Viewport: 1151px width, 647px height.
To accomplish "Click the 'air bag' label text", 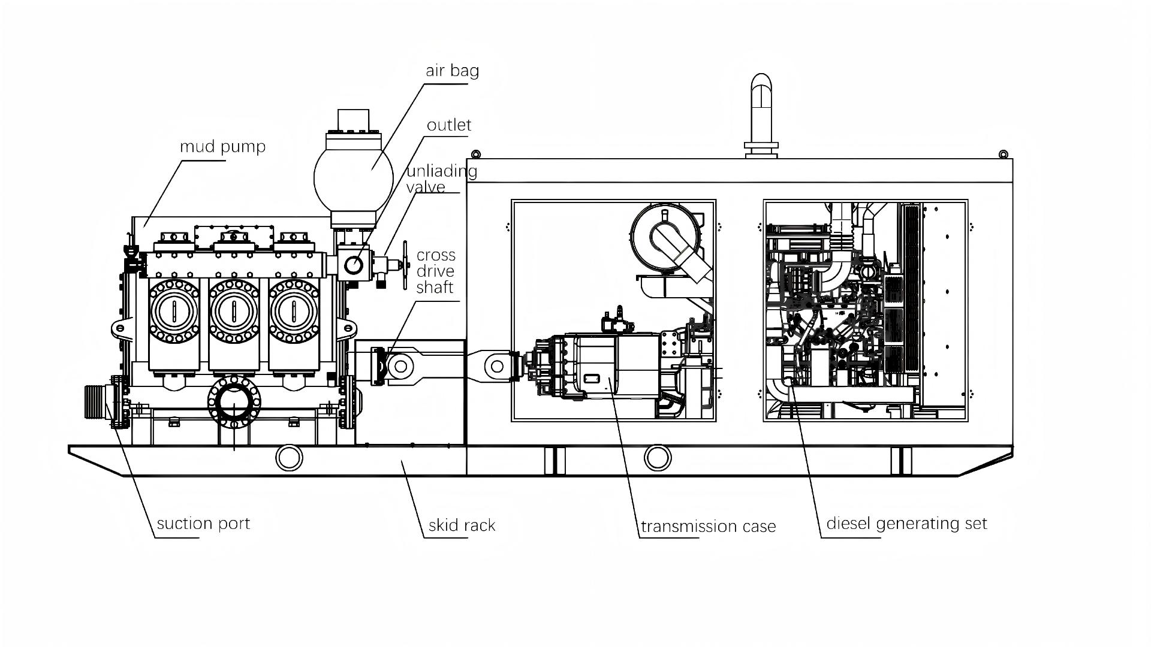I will tap(452, 71).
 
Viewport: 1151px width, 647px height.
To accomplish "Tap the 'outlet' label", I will tap(449, 125).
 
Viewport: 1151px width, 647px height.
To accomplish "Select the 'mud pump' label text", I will tap(222, 147).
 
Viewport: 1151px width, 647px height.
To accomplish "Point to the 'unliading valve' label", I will tap(441, 179).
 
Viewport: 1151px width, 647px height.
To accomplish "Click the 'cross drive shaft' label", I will tap(436, 271).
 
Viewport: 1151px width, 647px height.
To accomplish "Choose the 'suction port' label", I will tap(203, 524).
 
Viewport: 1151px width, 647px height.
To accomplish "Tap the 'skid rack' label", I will tap(462, 526).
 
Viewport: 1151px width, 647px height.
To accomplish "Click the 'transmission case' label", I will tap(708, 527).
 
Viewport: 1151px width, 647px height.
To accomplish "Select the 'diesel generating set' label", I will tap(906, 524).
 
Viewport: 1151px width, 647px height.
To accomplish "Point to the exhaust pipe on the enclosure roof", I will tap(761, 114).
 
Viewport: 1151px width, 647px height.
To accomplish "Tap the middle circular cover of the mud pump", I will tap(233, 311).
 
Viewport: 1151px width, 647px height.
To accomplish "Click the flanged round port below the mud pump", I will tap(234, 403).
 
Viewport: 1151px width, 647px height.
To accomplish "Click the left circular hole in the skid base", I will tap(289, 458).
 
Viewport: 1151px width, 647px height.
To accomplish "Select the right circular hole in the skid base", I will tap(658, 458).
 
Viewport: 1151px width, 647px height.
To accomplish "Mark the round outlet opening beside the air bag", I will tap(353, 264).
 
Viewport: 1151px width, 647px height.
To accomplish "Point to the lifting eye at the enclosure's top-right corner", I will tap(1004, 155).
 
